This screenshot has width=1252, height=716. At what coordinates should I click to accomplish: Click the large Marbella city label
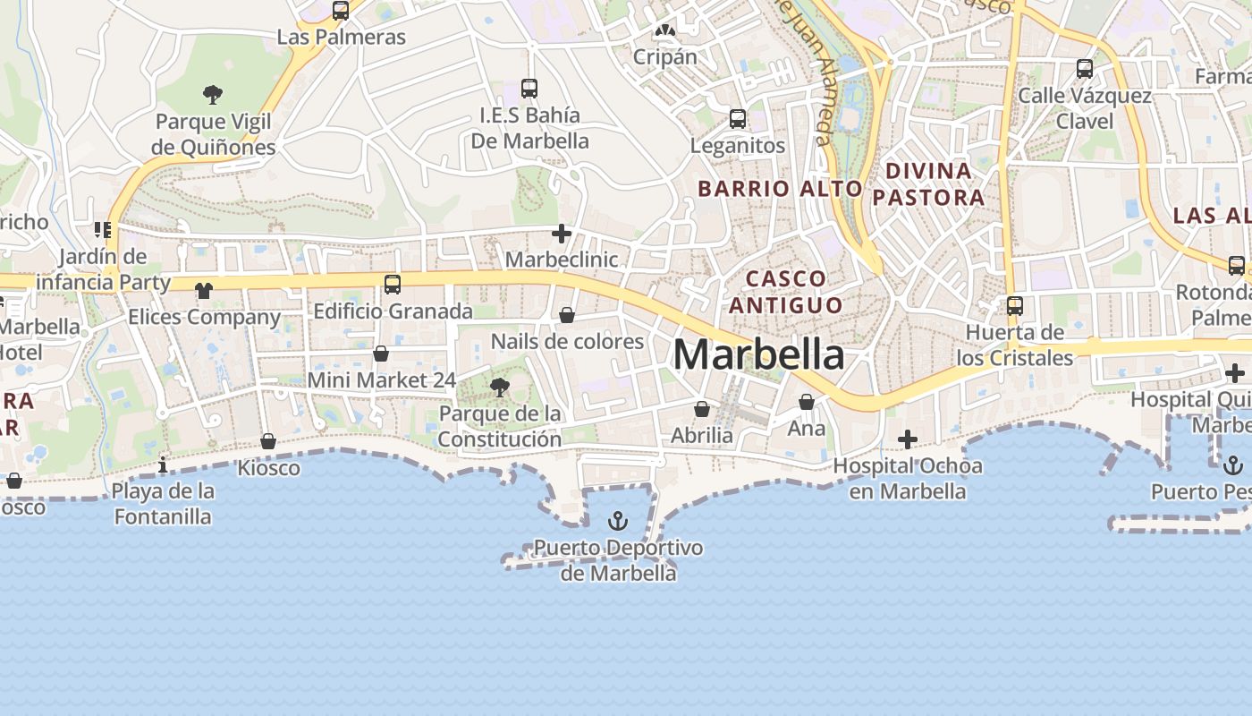point(758,355)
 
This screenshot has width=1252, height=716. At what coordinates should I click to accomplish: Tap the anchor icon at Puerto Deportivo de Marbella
point(617,521)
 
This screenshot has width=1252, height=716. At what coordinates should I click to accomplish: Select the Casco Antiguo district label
point(785,292)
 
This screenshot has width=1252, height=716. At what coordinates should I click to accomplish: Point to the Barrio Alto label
point(780,189)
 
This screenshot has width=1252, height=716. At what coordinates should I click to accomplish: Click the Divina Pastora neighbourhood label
point(928,183)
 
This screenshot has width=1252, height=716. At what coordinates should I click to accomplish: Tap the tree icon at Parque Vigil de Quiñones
point(212,94)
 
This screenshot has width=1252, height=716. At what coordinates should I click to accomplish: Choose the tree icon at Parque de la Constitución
point(500,387)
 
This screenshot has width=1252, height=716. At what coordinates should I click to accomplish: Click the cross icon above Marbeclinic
point(562,234)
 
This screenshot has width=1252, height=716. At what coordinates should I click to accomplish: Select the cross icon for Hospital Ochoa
point(908,439)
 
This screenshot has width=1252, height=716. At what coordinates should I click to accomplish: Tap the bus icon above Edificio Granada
point(392,285)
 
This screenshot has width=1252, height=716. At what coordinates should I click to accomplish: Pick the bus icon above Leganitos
point(738,118)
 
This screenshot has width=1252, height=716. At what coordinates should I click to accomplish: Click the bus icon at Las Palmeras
point(341,11)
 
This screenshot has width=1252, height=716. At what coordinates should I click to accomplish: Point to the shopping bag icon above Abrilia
point(702,409)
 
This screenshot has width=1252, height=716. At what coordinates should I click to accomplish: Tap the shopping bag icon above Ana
point(806,402)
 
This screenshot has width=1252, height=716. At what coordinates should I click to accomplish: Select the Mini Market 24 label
point(381,379)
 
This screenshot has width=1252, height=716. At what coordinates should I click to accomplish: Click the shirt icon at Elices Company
point(204,290)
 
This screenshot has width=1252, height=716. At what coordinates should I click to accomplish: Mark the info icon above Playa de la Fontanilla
point(163,465)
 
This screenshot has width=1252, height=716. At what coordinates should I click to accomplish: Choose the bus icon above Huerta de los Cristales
point(1014,306)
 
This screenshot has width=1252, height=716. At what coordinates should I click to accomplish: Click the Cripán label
point(664,56)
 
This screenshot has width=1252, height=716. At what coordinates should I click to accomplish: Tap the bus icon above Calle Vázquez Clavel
point(1084,68)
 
